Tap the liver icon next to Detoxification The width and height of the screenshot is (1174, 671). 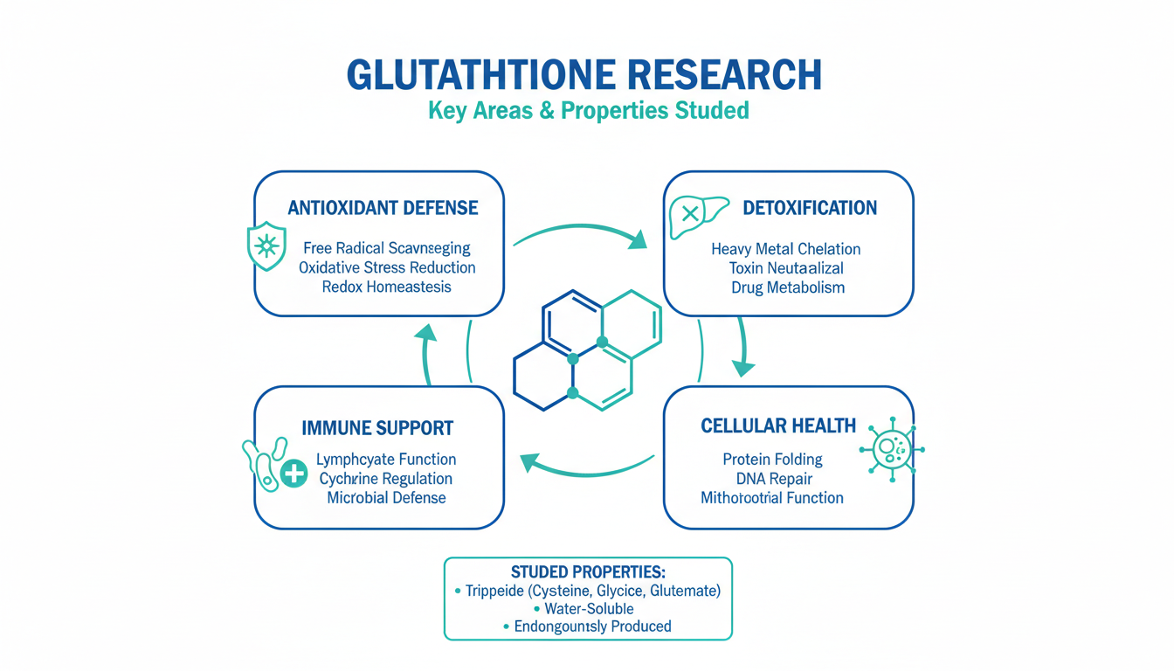click(692, 215)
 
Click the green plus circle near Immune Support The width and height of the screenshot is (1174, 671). click(294, 474)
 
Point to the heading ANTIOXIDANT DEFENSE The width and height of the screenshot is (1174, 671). click(383, 208)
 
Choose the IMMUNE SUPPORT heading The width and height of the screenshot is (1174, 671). click(377, 428)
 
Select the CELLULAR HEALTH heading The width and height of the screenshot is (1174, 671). click(778, 425)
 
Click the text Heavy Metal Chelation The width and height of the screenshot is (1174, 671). click(786, 250)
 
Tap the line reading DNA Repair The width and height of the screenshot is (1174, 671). click(773, 479)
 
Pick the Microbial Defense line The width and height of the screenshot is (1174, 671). click(386, 498)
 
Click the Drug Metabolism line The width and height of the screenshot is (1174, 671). click(788, 287)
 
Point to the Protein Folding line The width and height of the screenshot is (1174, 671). click(773, 460)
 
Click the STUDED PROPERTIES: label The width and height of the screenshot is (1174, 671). click(588, 572)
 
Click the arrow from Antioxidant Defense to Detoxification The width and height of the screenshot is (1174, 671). click(580, 233)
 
